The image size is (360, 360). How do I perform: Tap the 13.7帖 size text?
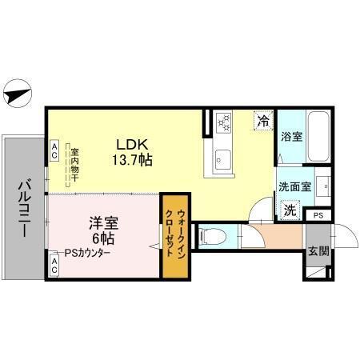click(133, 159)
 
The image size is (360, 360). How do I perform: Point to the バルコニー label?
click(22, 206)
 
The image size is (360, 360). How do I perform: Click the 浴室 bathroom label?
click(292, 138)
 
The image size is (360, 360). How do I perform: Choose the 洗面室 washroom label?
click(293, 186)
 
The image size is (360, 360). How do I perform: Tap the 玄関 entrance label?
click(318, 250)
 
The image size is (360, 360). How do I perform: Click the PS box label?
click(318, 215)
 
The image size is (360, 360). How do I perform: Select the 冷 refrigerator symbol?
click(262, 121)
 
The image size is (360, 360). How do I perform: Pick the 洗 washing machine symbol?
click(290, 210)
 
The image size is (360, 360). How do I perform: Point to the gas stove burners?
click(223, 123)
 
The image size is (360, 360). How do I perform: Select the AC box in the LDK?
click(54, 149)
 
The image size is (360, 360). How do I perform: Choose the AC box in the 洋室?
click(54, 266)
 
